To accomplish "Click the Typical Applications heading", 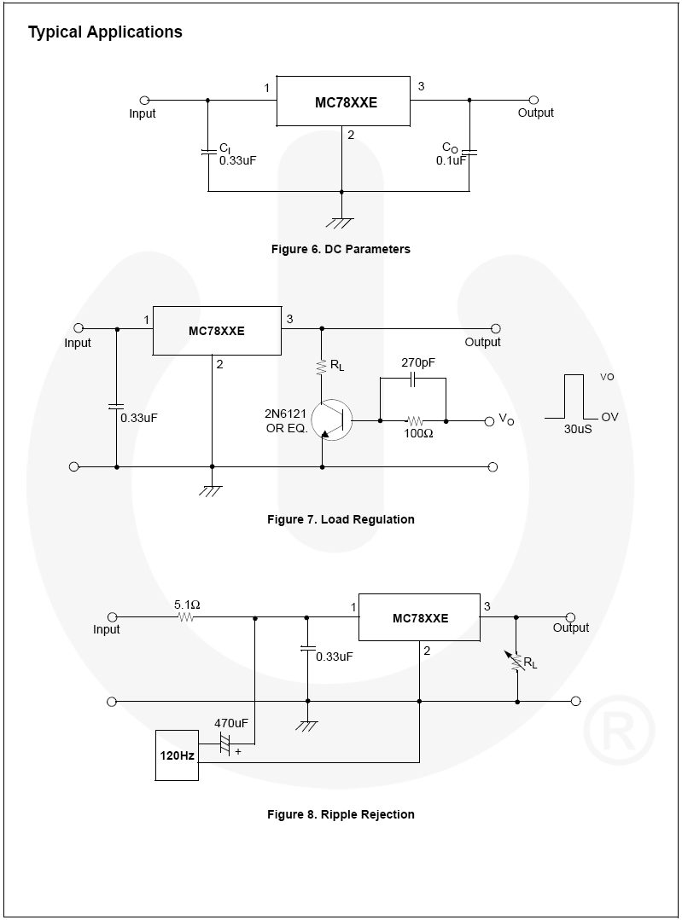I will (x=105, y=32).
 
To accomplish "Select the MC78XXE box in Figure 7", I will (x=217, y=331).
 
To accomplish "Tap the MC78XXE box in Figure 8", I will (x=419, y=617).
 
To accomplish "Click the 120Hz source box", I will (x=177, y=755).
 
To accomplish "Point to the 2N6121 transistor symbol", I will (x=331, y=419).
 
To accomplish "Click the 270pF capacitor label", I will (x=418, y=363).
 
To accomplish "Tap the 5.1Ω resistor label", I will (x=187, y=605).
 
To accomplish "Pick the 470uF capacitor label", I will (x=230, y=723).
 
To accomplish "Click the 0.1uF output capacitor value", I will (x=451, y=160).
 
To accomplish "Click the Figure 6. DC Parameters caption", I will (x=341, y=249).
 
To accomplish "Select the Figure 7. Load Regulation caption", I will (x=341, y=519).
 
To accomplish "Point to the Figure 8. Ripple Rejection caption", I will (x=341, y=814).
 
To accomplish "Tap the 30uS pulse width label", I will (x=578, y=429).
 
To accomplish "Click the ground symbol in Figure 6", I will (x=341, y=223).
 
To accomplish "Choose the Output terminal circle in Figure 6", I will (x=533, y=100).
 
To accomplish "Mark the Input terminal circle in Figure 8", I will (x=112, y=616).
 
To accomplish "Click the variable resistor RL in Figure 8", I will (x=517, y=659).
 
